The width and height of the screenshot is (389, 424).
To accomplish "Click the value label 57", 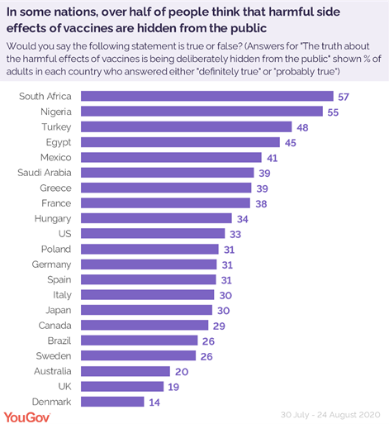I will click(344, 97).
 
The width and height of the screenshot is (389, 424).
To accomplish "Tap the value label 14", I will click(155, 402).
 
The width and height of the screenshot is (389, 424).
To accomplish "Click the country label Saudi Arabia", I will click(45, 173).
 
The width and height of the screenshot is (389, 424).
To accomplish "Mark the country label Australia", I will click(51, 371).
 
